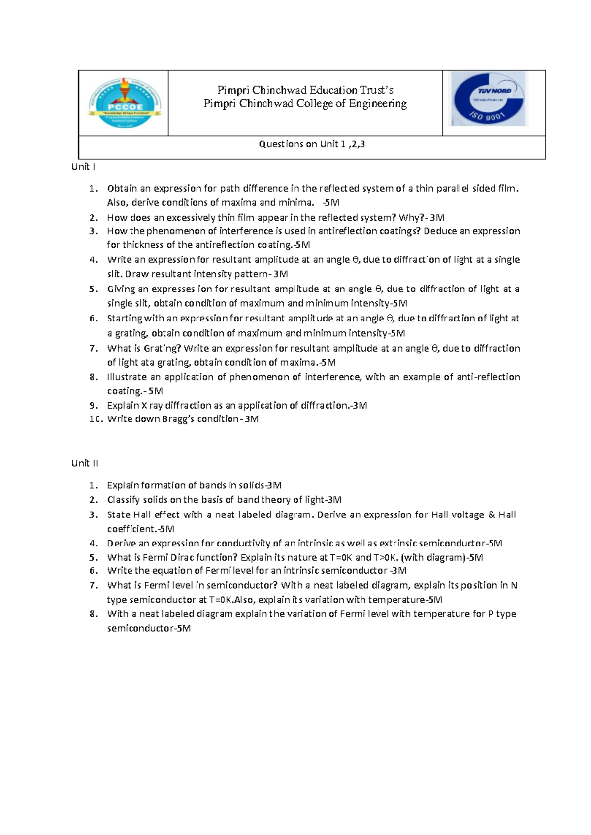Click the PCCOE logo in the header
click(125, 102)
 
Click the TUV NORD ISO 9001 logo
click(489, 98)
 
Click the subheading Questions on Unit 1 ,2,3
click(312, 144)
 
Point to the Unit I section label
click(83, 167)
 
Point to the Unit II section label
click(85, 463)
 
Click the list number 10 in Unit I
click(96, 419)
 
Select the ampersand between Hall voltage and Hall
click(492, 514)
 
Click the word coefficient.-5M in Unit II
click(140, 529)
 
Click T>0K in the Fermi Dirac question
click(386, 557)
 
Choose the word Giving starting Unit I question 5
click(121, 289)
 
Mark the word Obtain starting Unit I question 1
click(122, 188)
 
